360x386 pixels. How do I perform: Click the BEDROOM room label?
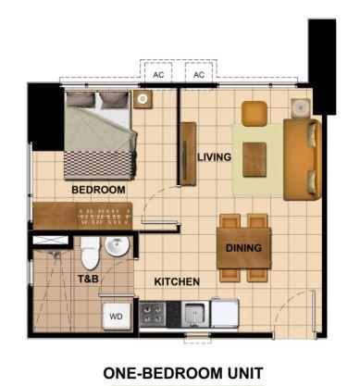(x=98, y=190)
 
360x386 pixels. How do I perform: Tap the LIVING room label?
(x=215, y=157)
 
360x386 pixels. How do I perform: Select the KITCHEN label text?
(x=177, y=281)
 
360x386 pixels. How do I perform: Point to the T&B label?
(x=88, y=279)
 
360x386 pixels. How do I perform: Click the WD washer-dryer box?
(x=117, y=317)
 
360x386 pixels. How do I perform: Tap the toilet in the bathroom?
(x=90, y=254)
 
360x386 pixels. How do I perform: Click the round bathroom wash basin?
(x=117, y=246)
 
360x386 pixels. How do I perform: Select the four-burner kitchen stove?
(x=153, y=315)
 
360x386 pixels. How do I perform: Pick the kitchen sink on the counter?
(x=195, y=314)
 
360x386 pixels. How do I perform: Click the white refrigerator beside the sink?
(x=224, y=313)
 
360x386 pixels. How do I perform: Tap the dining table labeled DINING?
(x=243, y=248)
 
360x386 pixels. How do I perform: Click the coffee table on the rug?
(x=254, y=159)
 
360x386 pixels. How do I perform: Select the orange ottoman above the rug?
(x=254, y=114)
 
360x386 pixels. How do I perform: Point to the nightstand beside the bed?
(x=143, y=99)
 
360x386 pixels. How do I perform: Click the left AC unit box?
(x=158, y=74)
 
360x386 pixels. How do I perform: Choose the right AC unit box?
(x=199, y=74)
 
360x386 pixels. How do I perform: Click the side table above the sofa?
(x=301, y=108)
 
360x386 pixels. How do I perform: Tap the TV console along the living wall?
(x=188, y=154)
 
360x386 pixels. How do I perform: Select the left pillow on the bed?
(x=81, y=100)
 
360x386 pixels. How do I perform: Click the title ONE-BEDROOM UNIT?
(x=183, y=373)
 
